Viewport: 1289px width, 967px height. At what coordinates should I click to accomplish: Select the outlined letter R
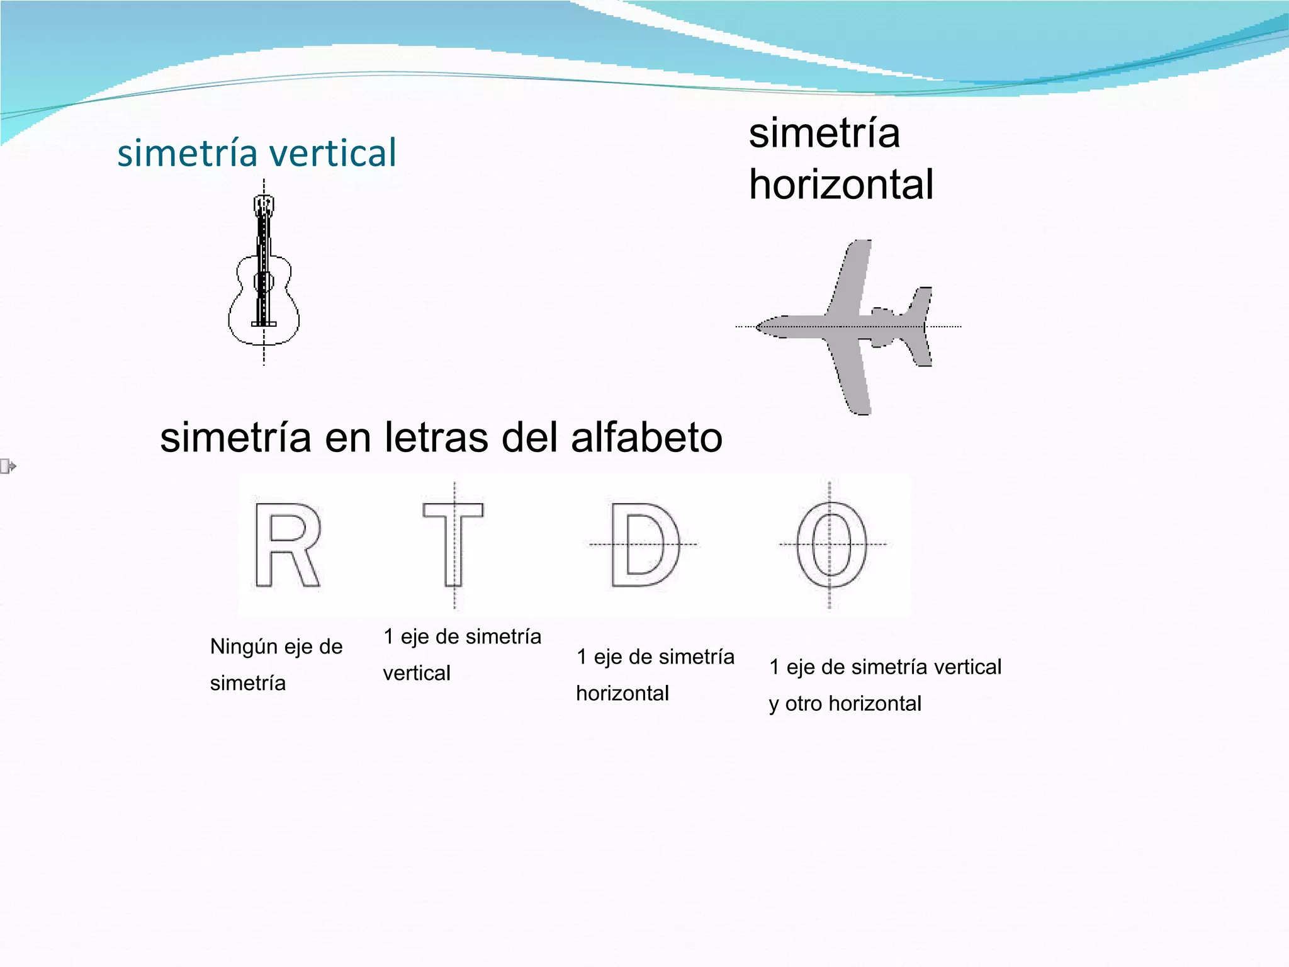point(287,545)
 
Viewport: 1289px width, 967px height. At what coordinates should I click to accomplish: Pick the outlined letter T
point(454,544)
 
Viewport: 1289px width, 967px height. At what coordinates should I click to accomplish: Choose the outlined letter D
point(644,545)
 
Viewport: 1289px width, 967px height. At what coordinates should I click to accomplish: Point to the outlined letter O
point(831,545)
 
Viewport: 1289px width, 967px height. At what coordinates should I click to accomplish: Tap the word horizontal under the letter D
point(622,693)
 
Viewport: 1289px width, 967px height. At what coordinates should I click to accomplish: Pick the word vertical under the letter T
point(417,673)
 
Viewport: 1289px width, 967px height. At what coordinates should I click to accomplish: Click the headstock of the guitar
point(264,205)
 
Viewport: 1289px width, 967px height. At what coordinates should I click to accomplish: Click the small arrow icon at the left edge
point(8,467)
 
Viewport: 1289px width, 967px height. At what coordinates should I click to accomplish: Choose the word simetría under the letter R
point(248,683)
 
